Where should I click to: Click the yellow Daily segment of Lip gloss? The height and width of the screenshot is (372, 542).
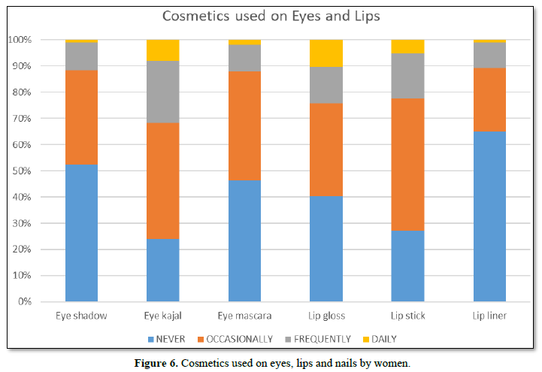point(326,53)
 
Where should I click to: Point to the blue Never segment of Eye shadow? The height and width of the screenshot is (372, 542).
point(81,233)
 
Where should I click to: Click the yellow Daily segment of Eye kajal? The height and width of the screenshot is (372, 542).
point(162,50)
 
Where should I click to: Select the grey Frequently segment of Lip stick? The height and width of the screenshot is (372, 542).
point(407,76)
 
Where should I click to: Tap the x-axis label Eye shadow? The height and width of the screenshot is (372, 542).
point(81,316)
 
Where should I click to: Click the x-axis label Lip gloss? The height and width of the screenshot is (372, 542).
point(326,316)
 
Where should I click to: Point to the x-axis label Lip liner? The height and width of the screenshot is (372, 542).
point(489,316)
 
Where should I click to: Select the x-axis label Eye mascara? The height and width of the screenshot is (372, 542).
point(244,316)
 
